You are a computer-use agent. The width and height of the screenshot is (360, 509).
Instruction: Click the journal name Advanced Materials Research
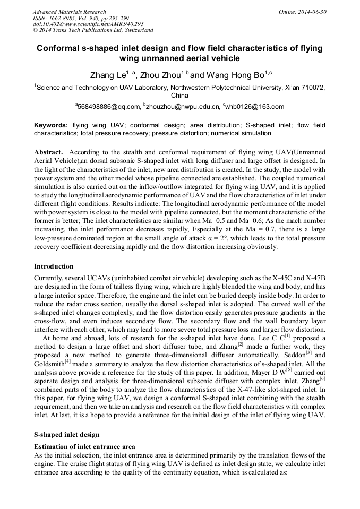pos(70,12)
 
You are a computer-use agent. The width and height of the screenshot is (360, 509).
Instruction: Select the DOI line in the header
pos(88,24)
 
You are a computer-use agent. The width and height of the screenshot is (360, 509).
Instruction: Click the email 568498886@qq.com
pos(108,107)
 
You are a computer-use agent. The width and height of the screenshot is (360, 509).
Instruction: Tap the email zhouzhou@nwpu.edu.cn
pos(183,107)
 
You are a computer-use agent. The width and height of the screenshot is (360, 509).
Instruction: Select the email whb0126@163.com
pos(254,107)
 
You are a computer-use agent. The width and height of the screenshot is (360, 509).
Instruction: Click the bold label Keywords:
pos(51,125)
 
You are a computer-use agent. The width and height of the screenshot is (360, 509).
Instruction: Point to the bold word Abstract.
pos(49,152)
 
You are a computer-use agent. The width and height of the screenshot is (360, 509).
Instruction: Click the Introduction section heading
pos(54,266)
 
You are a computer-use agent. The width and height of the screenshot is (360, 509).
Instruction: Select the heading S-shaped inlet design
pos(66,435)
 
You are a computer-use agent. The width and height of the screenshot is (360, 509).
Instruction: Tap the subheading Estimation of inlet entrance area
pos(84,446)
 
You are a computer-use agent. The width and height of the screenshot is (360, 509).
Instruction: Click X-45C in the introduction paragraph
pos(270,277)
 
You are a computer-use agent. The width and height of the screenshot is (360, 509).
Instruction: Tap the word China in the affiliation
pos(179,96)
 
